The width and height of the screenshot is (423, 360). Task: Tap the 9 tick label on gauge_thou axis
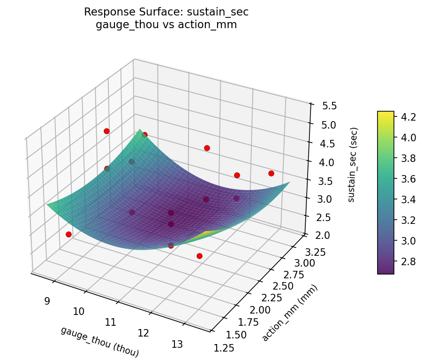47,301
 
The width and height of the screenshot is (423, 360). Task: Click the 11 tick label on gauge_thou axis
111,322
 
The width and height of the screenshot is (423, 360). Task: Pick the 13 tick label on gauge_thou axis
177,344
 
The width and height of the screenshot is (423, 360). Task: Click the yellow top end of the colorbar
385,114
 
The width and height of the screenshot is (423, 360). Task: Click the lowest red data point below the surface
199,256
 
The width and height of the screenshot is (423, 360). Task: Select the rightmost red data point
271,173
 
